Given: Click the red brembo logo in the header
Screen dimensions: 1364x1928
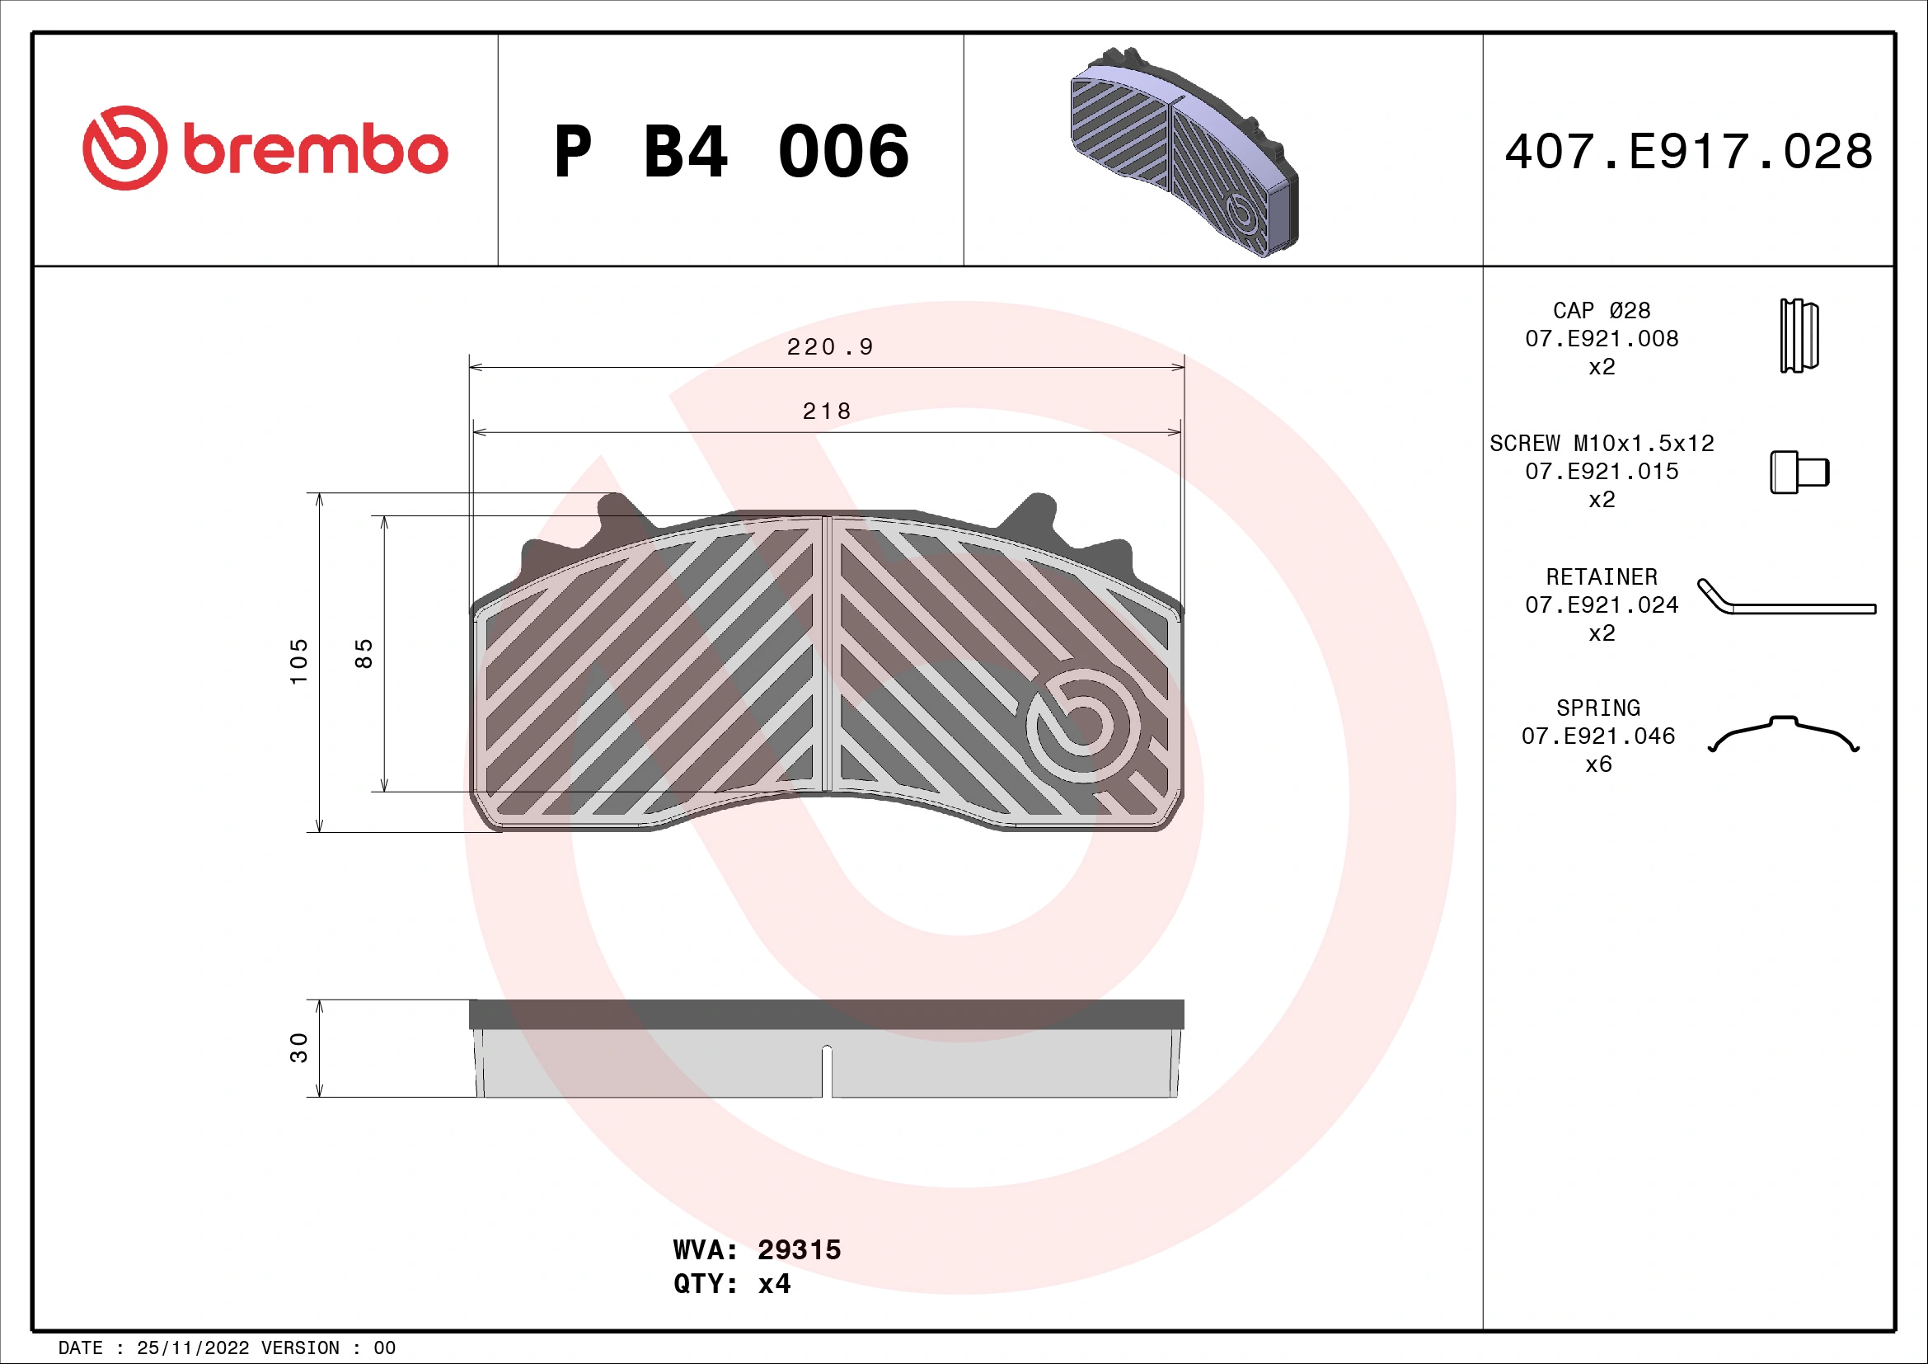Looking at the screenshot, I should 265,148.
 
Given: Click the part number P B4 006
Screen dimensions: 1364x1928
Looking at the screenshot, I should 730,152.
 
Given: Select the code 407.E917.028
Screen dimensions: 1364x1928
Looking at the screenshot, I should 1688,152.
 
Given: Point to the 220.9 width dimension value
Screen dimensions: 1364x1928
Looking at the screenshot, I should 830,347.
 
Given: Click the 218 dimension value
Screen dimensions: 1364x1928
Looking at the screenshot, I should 827,412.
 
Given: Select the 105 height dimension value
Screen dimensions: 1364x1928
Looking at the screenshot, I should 299,661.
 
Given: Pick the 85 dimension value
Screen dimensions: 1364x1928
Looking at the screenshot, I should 364,653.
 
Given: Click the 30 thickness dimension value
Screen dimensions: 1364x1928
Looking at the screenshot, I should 299,1047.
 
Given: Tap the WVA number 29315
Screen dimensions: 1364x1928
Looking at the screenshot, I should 799,1249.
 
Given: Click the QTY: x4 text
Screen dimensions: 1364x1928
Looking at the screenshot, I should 731,1284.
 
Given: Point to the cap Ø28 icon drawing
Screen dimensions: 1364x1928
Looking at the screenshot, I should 1799,336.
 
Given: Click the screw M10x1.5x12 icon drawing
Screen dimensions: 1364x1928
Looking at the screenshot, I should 1799,472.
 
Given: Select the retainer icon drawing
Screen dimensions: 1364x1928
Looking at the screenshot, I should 1785,598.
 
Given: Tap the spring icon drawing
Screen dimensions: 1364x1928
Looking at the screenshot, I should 1784,734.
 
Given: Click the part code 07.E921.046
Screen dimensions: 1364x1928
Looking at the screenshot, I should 1598,736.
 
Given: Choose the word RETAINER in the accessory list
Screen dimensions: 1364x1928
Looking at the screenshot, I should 1602,577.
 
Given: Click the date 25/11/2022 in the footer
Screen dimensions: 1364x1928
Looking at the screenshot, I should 192,1348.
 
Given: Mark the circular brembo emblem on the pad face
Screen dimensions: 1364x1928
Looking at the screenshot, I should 1082,726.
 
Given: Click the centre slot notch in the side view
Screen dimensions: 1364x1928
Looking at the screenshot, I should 826,1071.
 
